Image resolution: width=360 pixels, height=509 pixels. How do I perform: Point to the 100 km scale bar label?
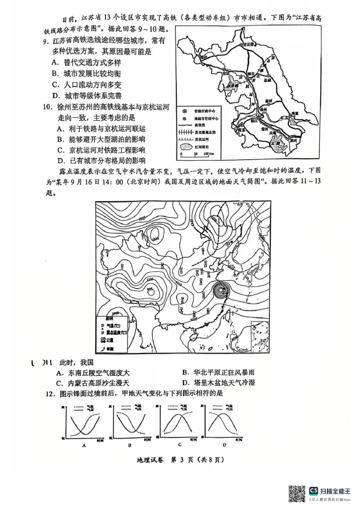point(209,154)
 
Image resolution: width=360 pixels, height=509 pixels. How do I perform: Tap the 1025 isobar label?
point(143,219)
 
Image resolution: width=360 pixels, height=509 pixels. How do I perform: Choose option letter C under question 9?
point(54,85)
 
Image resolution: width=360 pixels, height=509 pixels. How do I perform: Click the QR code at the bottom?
point(297,494)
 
